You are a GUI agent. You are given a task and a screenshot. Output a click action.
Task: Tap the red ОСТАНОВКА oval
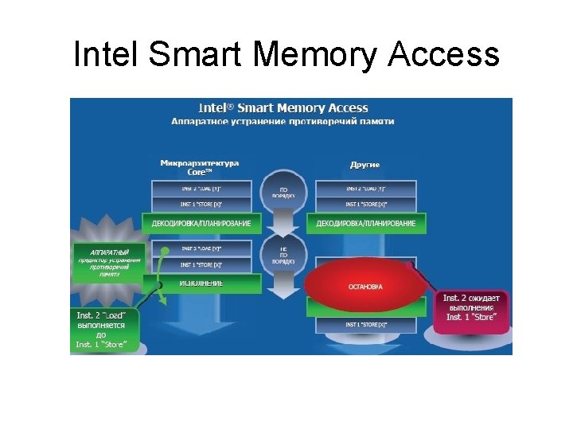click(x=364, y=286)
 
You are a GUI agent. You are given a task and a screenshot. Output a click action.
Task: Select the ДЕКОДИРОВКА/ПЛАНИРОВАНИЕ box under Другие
click(x=365, y=223)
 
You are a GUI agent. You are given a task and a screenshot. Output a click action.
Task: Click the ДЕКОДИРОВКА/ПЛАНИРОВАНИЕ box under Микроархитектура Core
click(x=201, y=223)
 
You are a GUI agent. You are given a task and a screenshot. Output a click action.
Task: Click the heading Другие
click(x=365, y=165)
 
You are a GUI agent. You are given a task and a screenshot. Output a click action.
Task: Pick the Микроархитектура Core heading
click(x=199, y=167)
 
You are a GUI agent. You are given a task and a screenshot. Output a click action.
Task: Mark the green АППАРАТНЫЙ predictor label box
click(x=109, y=261)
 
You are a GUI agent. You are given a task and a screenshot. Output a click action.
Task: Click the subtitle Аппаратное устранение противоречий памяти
click(x=283, y=121)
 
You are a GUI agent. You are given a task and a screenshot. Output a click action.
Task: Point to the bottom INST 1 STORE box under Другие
click(x=365, y=325)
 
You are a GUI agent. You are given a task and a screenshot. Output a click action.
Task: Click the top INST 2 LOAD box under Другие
click(x=365, y=189)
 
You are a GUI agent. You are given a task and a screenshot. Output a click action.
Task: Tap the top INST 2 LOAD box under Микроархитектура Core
click(x=201, y=189)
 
